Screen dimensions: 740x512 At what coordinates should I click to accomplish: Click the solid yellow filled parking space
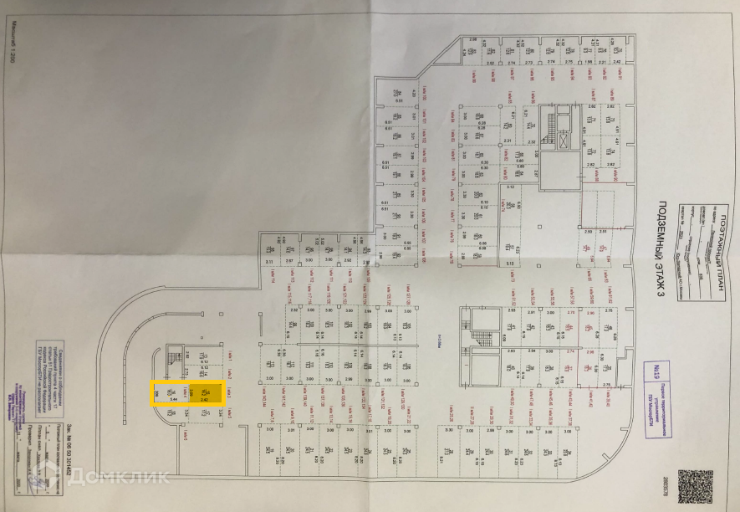point(204,393)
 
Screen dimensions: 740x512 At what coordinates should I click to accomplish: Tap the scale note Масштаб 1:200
point(13,59)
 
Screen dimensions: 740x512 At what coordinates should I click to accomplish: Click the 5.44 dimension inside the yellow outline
point(173,400)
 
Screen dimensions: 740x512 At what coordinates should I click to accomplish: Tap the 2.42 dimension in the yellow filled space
point(204,400)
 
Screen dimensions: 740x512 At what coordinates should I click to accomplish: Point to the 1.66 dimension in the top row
point(589,62)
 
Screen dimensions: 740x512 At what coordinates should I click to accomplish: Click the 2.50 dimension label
point(589,230)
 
